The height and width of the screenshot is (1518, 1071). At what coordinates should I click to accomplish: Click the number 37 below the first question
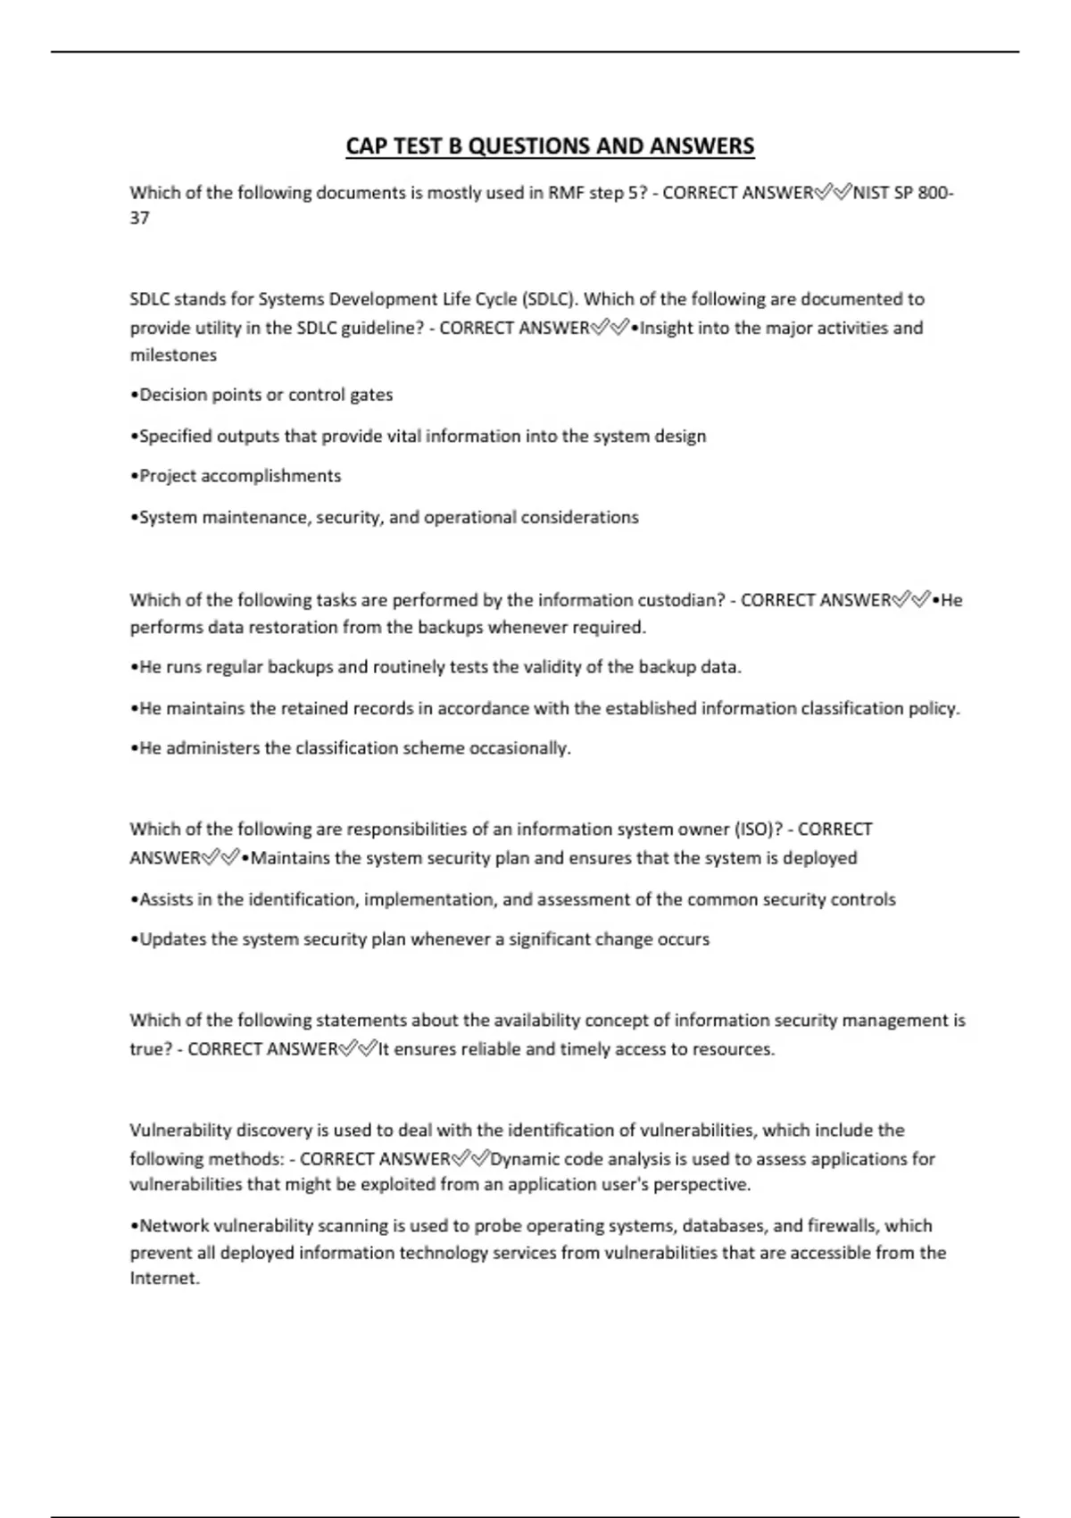pos(139,218)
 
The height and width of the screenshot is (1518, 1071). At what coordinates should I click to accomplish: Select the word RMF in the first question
pos(566,193)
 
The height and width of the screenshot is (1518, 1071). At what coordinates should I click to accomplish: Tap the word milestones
pos(173,355)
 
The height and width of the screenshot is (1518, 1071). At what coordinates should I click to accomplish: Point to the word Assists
pos(166,899)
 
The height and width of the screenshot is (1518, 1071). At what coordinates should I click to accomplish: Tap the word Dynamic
pos(523,1159)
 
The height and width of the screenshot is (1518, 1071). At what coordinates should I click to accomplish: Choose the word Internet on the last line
pos(164,1279)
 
